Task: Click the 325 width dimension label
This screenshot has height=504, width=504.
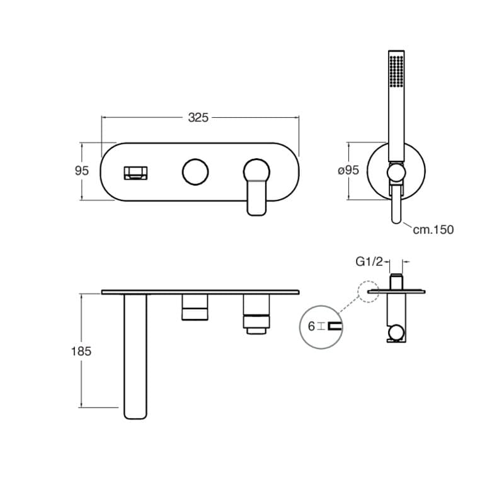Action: (198, 118)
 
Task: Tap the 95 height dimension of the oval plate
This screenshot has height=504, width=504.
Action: (82, 170)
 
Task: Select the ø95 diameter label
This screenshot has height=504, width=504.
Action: (348, 170)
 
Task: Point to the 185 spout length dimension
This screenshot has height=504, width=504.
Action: (81, 351)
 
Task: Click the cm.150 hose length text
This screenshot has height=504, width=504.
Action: (433, 229)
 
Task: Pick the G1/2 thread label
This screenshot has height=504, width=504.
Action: (369, 262)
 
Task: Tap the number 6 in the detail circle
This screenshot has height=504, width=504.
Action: (311, 326)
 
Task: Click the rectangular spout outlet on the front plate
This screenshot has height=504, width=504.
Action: (135, 173)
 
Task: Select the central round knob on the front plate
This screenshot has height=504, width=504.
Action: (195, 171)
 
